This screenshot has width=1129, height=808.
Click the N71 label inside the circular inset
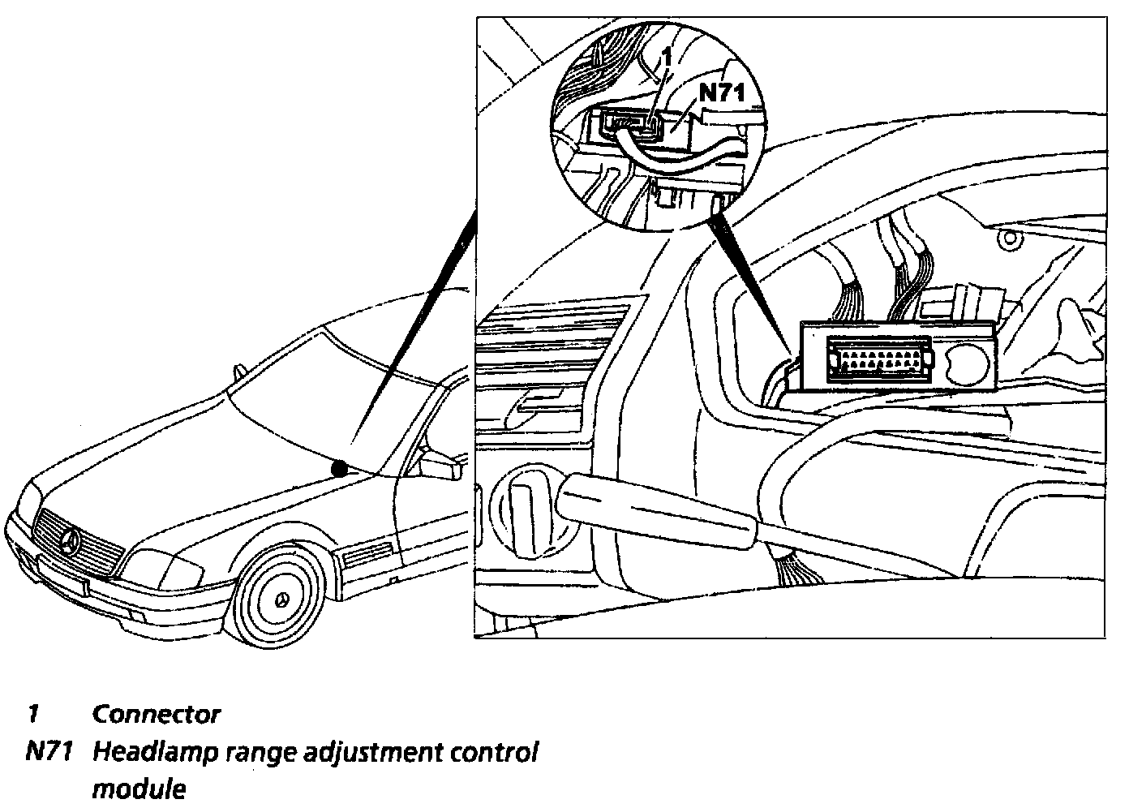point(721,92)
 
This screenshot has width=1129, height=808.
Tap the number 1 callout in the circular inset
point(666,59)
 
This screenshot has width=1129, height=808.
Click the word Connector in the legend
point(156,715)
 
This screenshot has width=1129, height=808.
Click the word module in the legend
point(139,789)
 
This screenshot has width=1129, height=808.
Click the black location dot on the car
point(340,468)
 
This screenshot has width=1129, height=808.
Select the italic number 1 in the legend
point(33,715)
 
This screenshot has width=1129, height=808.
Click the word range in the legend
point(246,754)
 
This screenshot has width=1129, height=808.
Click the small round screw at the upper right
point(1008,238)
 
